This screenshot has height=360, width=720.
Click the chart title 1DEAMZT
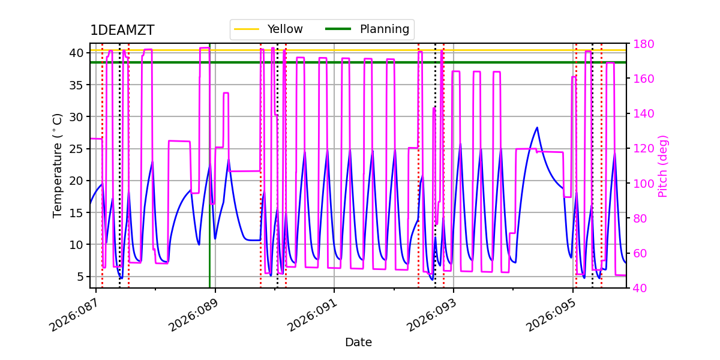(122, 31)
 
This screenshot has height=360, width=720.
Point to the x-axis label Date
(358, 343)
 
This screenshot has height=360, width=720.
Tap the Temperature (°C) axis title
(58, 165)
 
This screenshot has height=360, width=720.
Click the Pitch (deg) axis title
(663, 166)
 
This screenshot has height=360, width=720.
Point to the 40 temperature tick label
(77, 53)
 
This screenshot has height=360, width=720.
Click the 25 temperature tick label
(77, 149)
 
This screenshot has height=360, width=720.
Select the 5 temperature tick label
(80, 277)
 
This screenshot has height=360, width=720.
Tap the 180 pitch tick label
(643, 44)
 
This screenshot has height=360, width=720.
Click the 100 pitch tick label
(643, 184)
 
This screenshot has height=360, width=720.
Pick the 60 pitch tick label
(640, 253)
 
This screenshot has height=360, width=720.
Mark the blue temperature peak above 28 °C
(537, 127)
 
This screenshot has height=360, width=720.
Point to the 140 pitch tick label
(643, 114)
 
